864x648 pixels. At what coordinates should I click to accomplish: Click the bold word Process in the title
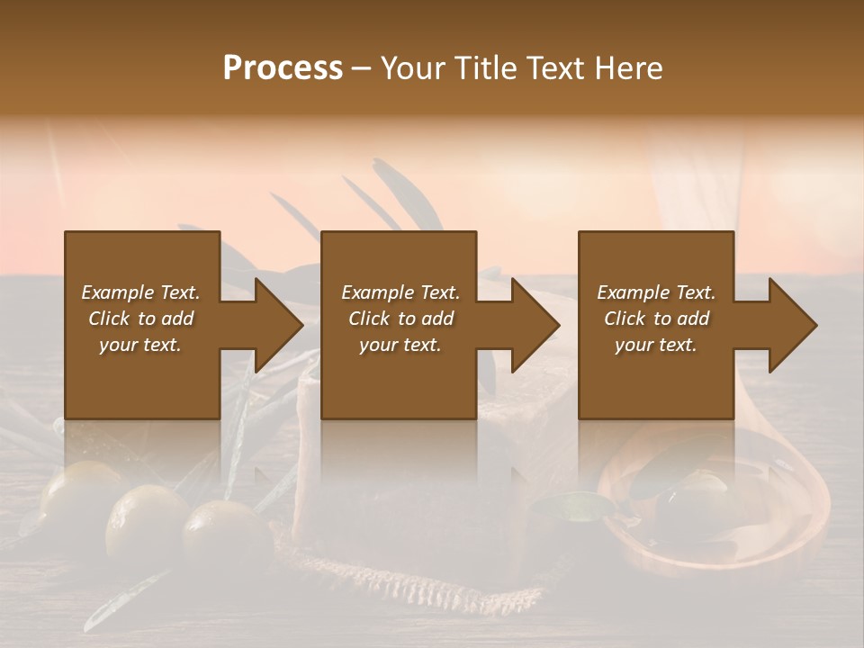(283, 68)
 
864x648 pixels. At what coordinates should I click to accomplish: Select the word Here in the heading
(627, 68)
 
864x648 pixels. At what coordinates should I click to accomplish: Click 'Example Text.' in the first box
(140, 292)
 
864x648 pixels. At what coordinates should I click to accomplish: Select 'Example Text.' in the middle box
(400, 292)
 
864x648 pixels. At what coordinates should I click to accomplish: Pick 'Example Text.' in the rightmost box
(656, 292)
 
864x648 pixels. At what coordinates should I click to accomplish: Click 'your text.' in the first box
(140, 345)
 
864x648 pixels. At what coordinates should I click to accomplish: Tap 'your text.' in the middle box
(400, 345)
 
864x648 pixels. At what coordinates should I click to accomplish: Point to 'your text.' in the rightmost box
(656, 345)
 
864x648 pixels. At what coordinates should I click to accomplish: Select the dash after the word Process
(362, 69)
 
